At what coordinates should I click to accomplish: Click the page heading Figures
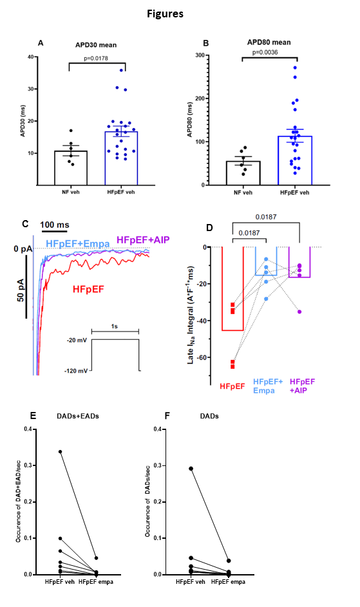click(165, 14)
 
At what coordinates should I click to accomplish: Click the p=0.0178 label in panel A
click(96, 59)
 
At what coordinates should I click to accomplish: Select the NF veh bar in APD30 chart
click(71, 168)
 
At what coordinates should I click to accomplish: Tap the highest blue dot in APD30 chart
click(121, 70)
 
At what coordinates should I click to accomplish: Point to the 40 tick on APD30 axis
click(31, 57)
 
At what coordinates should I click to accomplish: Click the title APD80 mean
click(269, 42)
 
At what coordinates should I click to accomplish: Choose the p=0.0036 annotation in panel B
click(265, 52)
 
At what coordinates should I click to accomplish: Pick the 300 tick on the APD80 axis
click(200, 55)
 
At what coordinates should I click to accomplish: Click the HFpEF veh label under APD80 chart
click(295, 192)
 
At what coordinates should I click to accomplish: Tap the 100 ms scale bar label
click(55, 225)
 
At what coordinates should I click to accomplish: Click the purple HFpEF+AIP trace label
click(143, 239)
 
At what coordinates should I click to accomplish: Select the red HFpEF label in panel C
click(88, 289)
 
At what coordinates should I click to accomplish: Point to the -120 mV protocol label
click(76, 371)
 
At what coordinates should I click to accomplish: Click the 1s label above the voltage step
click(115, 326)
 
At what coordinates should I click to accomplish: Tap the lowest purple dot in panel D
click(299, 312)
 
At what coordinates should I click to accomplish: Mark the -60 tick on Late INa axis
click(201, 357)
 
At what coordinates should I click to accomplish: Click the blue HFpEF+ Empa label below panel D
click(268, 386)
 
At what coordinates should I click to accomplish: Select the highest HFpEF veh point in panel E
click(60, 452)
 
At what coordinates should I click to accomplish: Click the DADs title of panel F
click(209, 416)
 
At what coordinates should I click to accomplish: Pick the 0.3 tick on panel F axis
click(158, 465)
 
